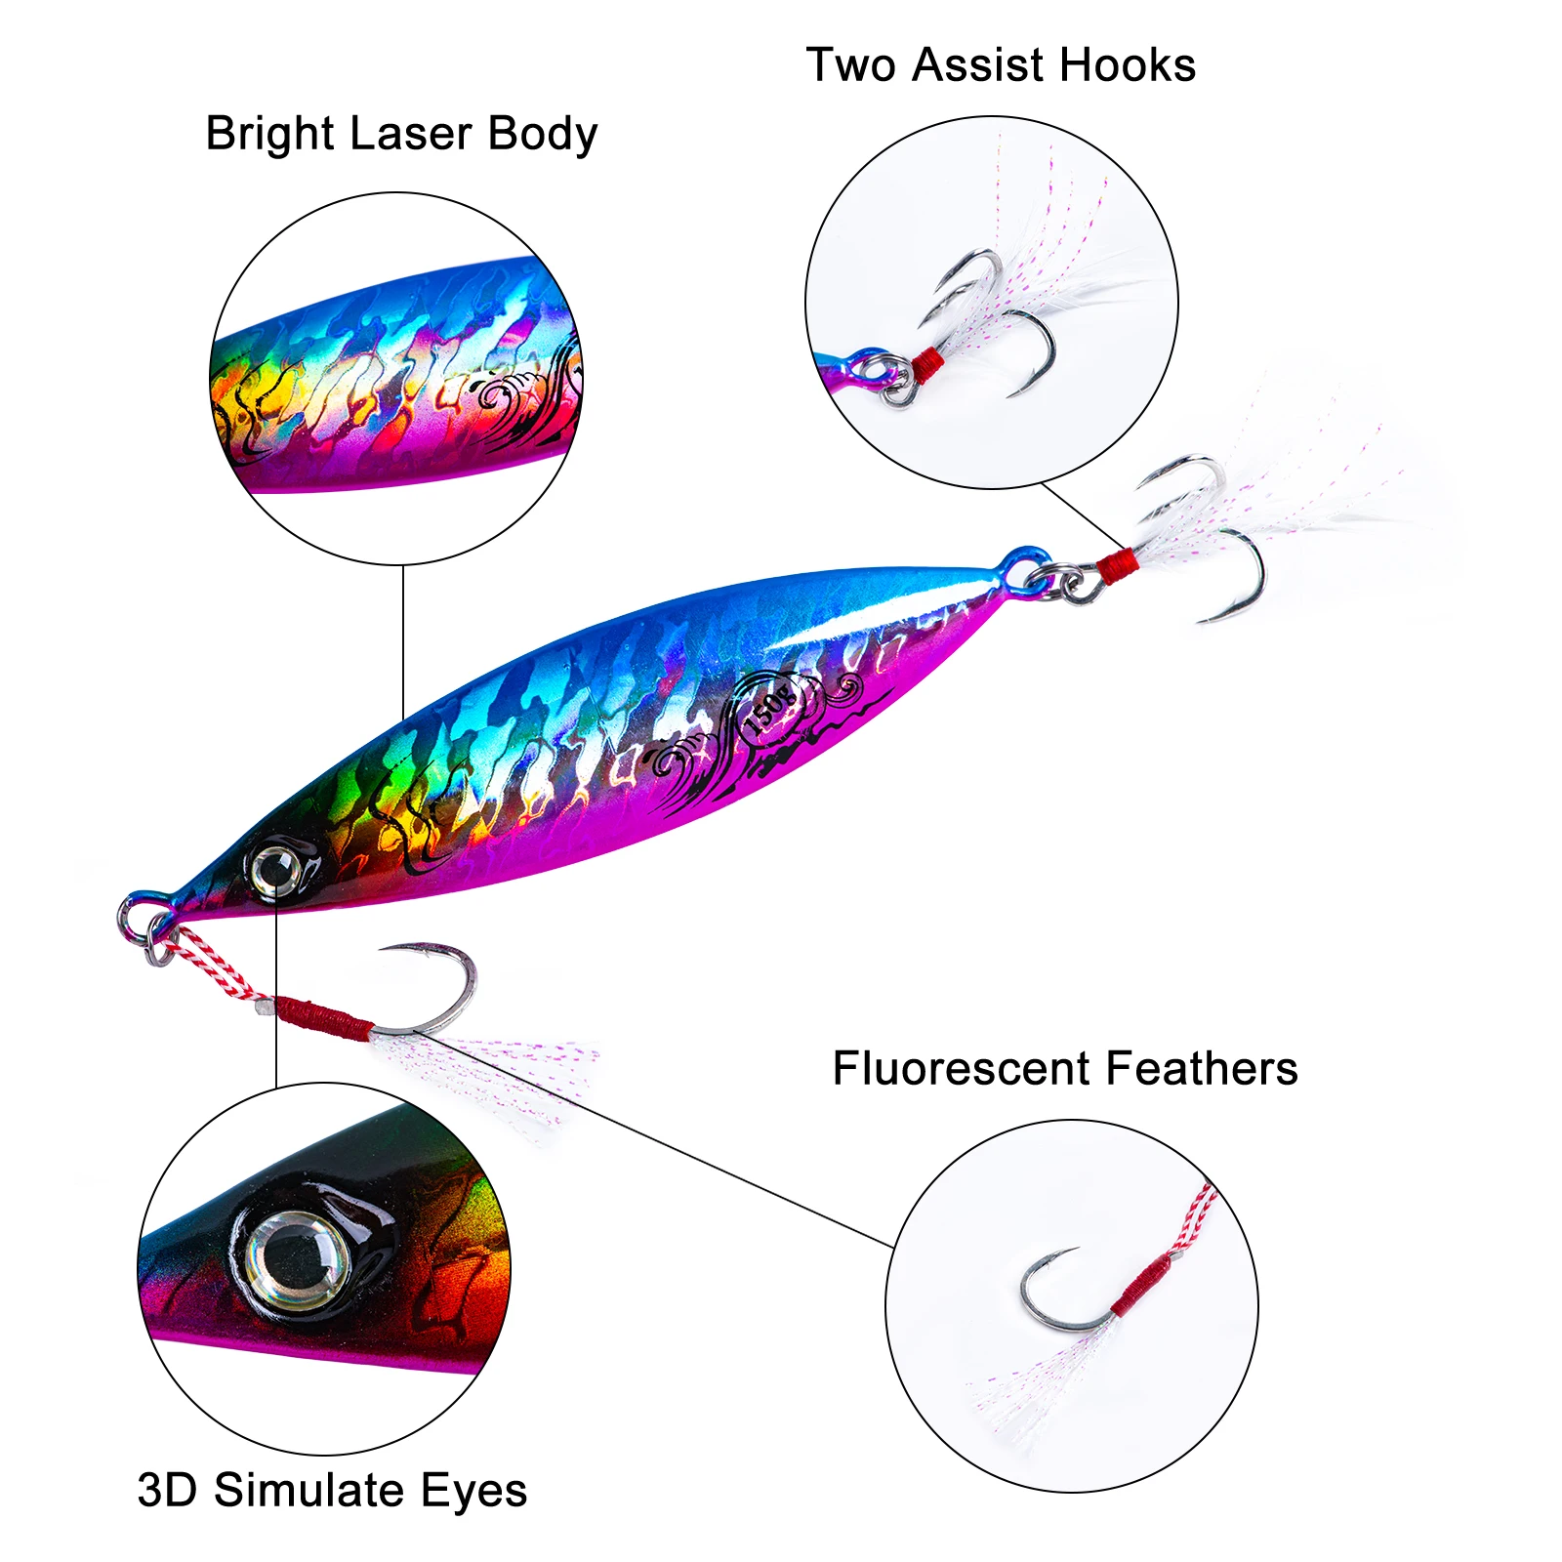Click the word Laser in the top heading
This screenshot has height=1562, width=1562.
409,134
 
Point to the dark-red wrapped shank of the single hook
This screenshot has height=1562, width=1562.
322,1015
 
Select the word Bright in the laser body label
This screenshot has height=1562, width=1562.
264,134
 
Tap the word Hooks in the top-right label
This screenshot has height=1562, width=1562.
1128,65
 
